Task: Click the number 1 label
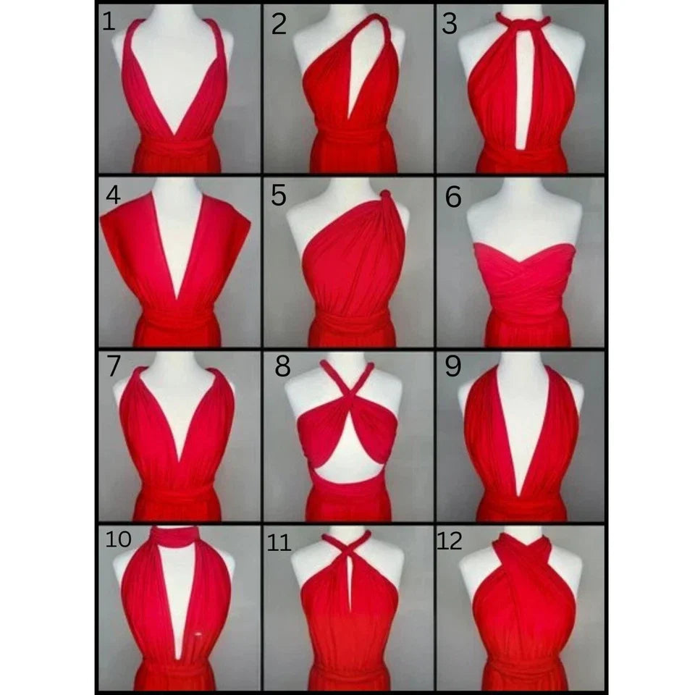point(109,22)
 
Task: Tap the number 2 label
point(279,24)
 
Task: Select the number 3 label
point(449,24)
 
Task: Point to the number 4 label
point(113,195)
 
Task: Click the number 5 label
point(278,195)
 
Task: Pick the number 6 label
point(453,197)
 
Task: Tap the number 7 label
point(114,366)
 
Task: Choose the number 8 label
point(283,366)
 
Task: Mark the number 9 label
point(453,366)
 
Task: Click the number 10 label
point(118,539)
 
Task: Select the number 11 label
point(278,542)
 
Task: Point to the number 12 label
point(450,541)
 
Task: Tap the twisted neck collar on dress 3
point(523,20)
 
